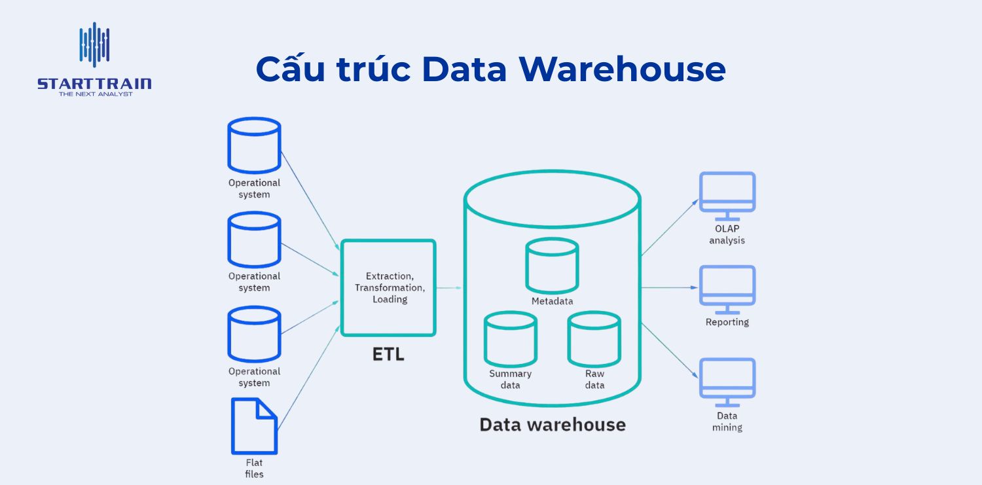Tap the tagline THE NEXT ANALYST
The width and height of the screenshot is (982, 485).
pos(95,94)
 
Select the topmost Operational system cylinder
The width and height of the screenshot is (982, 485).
pos(254,145)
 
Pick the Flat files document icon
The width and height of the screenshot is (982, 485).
pos(254,426)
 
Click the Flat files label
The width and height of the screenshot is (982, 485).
pos(254,469)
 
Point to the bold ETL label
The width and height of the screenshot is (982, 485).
pos(388,355)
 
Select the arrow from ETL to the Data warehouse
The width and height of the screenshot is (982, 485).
pos(449,287)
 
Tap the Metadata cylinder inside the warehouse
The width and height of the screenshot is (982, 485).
pos(552,265)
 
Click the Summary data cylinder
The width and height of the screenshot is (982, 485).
pos(510,340)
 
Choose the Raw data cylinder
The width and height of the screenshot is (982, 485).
pos(594,340)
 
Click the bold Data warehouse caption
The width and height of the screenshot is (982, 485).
pos(553,424)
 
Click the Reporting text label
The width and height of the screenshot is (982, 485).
pos(727,322)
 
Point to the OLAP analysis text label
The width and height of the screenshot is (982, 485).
pos(727,234)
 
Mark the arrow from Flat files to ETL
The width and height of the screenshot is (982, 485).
pos(308,378)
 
